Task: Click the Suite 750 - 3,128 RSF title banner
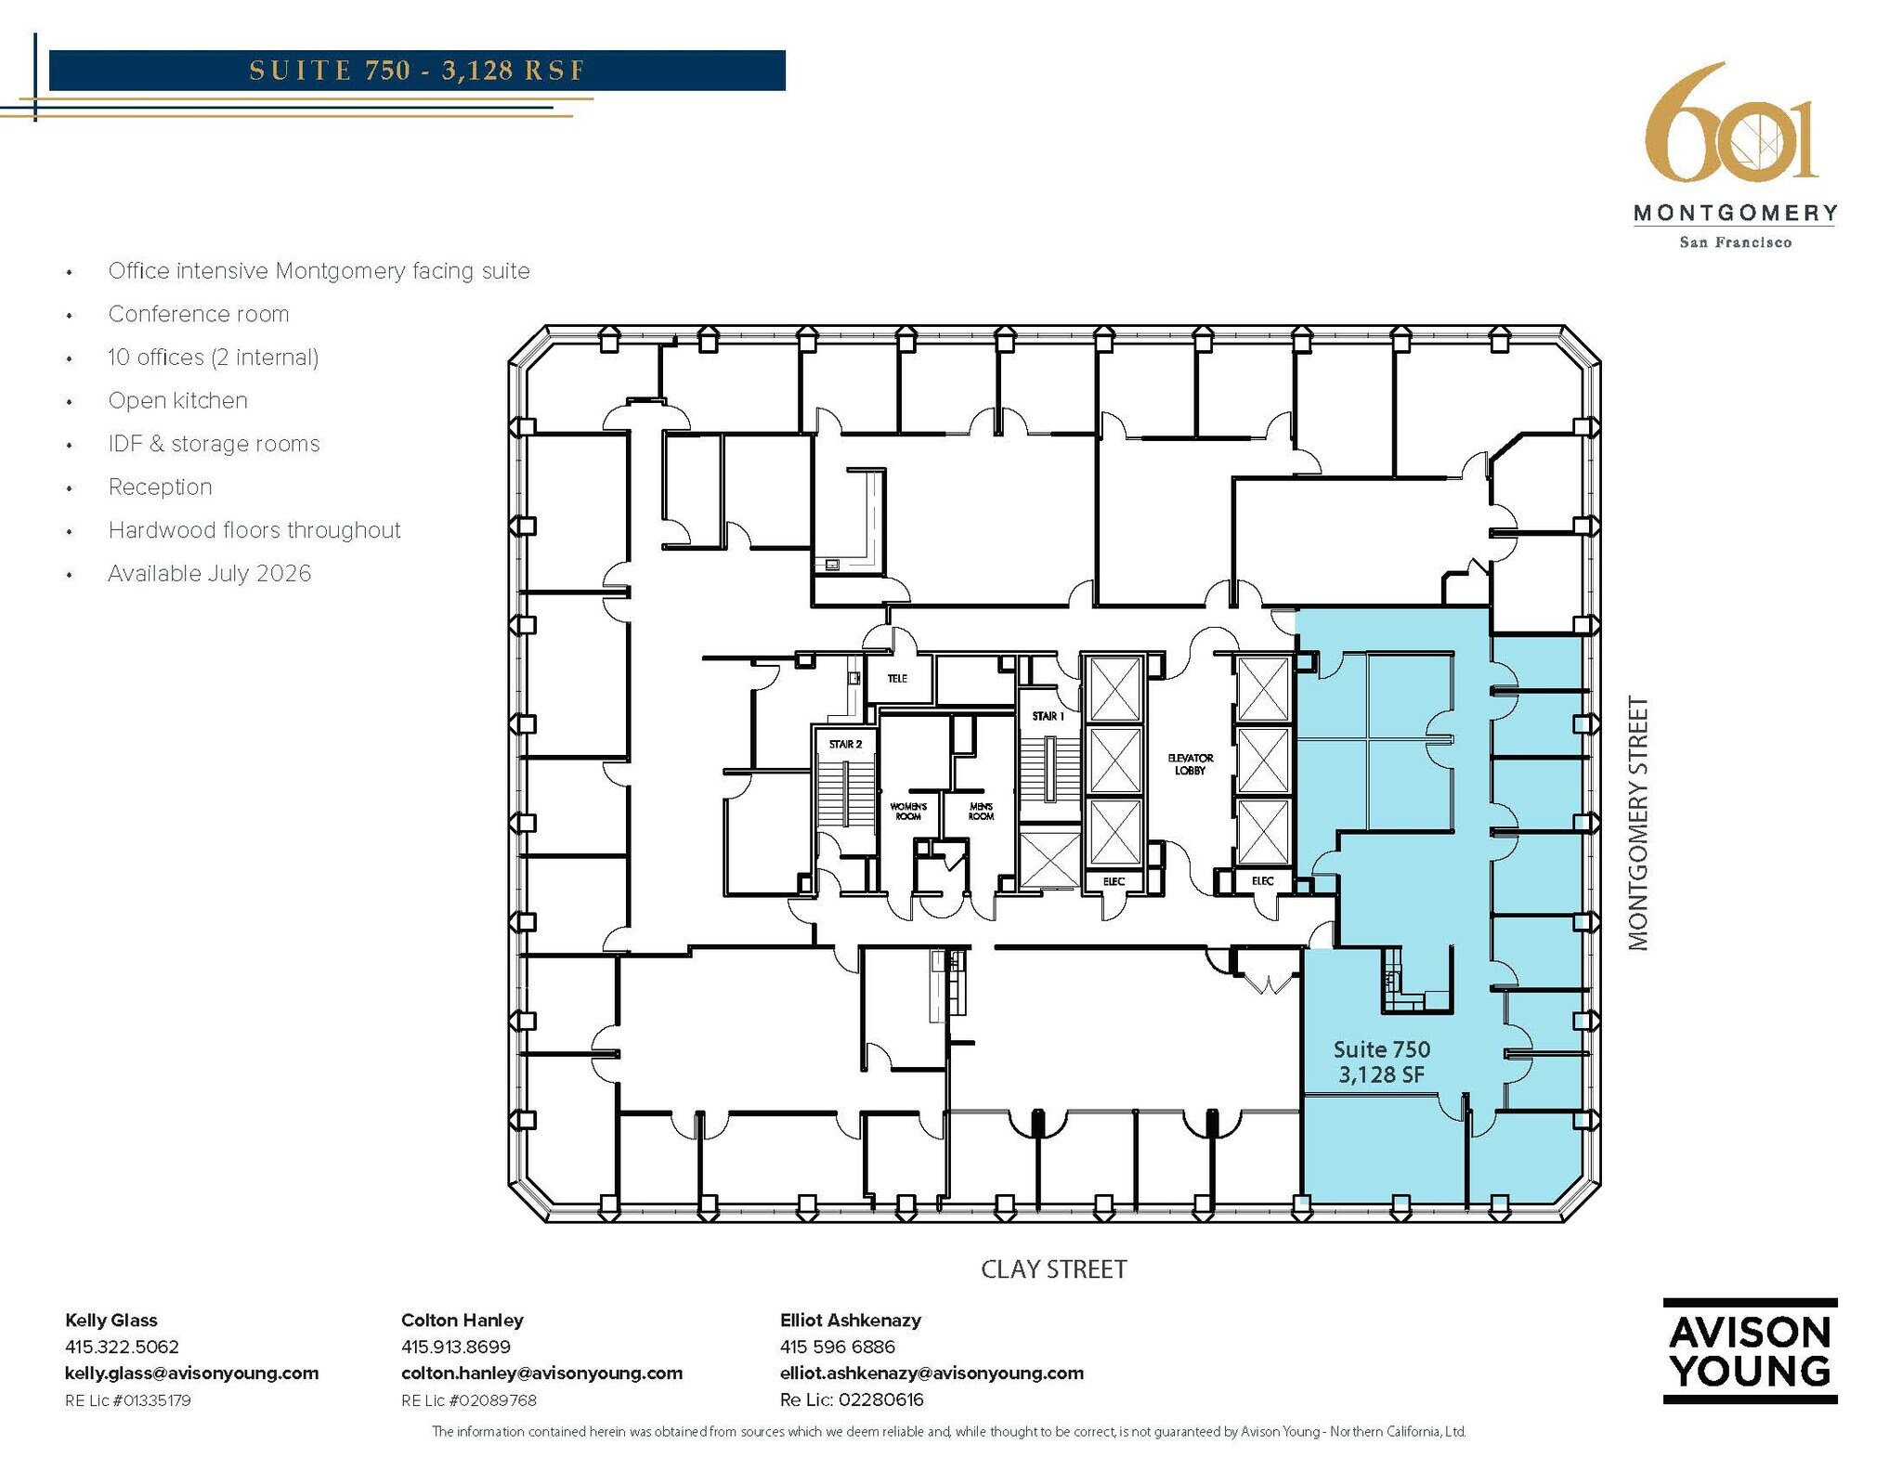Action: coord(417,71)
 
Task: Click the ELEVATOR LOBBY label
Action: coord(1190,764)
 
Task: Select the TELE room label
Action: coord(896,679)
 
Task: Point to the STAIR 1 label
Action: coord(1048,716)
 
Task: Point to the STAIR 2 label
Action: coord(845,744)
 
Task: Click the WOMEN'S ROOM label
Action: coord(908,811)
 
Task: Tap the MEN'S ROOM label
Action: coord(981,811)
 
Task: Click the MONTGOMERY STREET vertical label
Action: coord(1638,824)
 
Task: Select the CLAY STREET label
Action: coord(1053,1269)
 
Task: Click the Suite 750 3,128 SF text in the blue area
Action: coord(1381,1061)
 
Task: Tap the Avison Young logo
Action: coord(1749,1350)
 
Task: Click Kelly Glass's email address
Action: coord(191,1372)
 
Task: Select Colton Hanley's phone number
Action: coord(455,1346)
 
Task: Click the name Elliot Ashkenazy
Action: coord(850,1320)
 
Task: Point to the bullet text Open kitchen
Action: coord(177,400)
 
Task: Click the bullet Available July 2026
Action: coord(209,573)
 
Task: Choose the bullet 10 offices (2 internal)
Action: coord(213,358)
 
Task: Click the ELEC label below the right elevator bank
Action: coord(1262,880)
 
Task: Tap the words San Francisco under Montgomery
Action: coord(1735,242)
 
